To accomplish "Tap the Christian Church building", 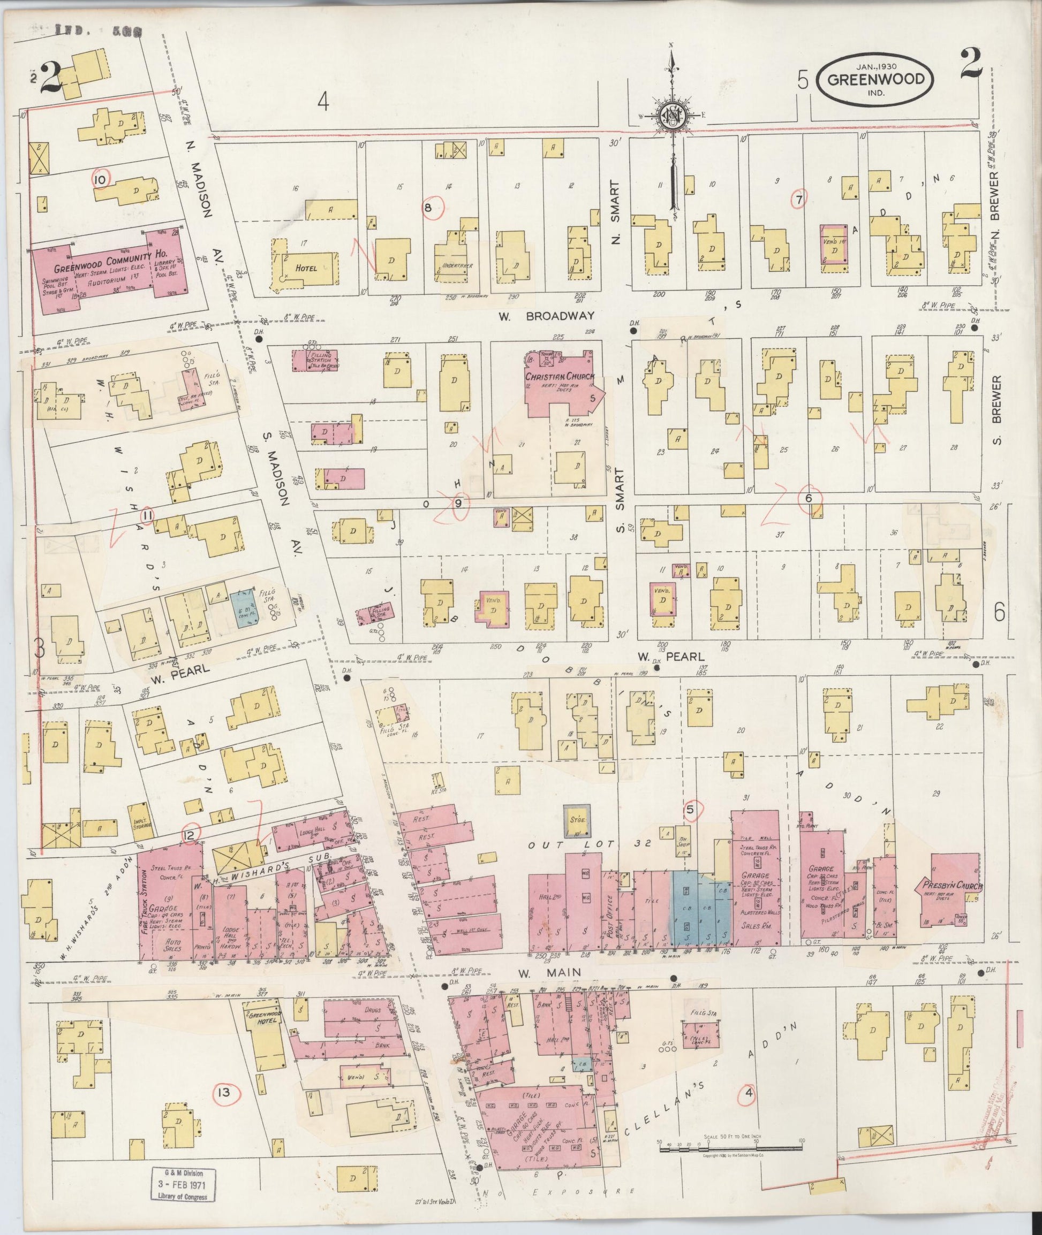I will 561,385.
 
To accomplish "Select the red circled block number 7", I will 798,200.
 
